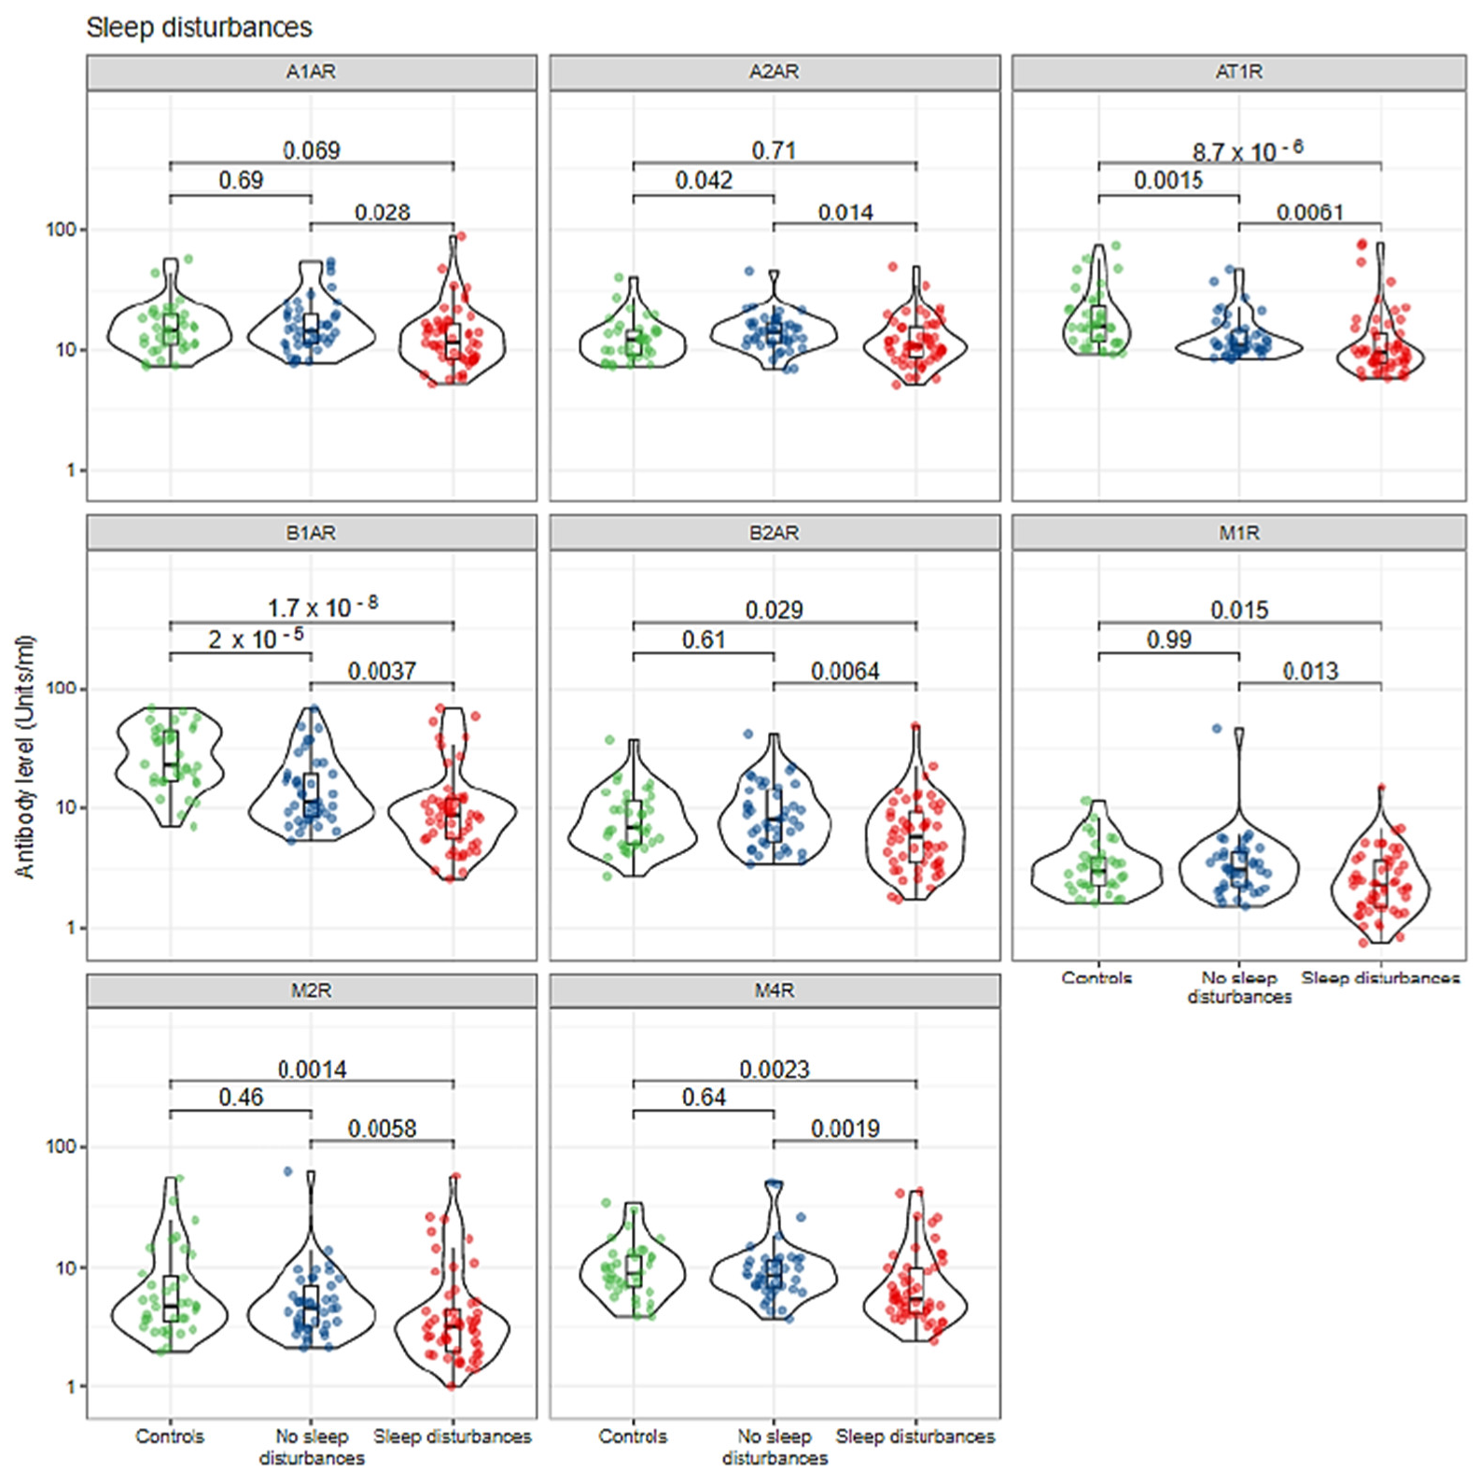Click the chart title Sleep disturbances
[199, 28]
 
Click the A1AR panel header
[311, 72]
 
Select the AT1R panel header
[1238, 72]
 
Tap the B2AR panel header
[774, 533]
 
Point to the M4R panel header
[774, 990]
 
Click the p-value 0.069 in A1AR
[311, 150]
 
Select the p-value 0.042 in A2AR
[704, 180]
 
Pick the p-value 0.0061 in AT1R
[1309, 213]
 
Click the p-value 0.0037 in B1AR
[382, 671]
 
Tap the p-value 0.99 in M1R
[1168, 640]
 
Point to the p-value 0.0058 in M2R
[382, 1128]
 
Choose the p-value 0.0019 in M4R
[845, 1128]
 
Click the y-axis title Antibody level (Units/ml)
[25, 756]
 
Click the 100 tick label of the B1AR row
[62, 688]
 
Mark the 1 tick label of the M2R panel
[71, 1387]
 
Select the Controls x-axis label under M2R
[169, 1436]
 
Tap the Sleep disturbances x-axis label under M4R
[915, 1436]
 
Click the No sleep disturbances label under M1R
[1238, 987]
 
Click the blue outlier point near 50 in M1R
[1216, 728]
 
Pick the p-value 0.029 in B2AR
[774, 610]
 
